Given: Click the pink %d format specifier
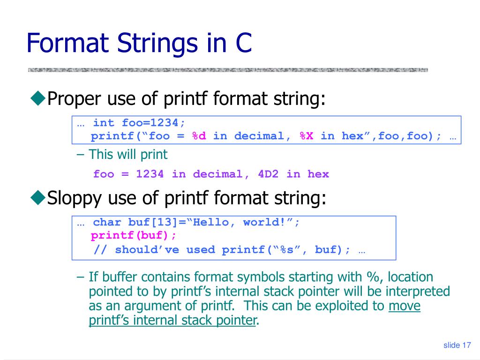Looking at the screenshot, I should click(199, 136).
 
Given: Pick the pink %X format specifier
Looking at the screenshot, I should click(307, 136).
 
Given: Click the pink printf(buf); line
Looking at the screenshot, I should click(134, 235).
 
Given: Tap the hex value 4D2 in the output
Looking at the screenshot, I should click(268, 174).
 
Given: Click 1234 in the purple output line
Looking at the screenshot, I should click(150, 174).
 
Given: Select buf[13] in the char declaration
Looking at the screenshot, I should click(150, 222).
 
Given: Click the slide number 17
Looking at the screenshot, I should click(466, 345).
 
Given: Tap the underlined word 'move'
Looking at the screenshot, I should click(405, 306).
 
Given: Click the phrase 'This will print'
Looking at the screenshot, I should click(127, 154).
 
